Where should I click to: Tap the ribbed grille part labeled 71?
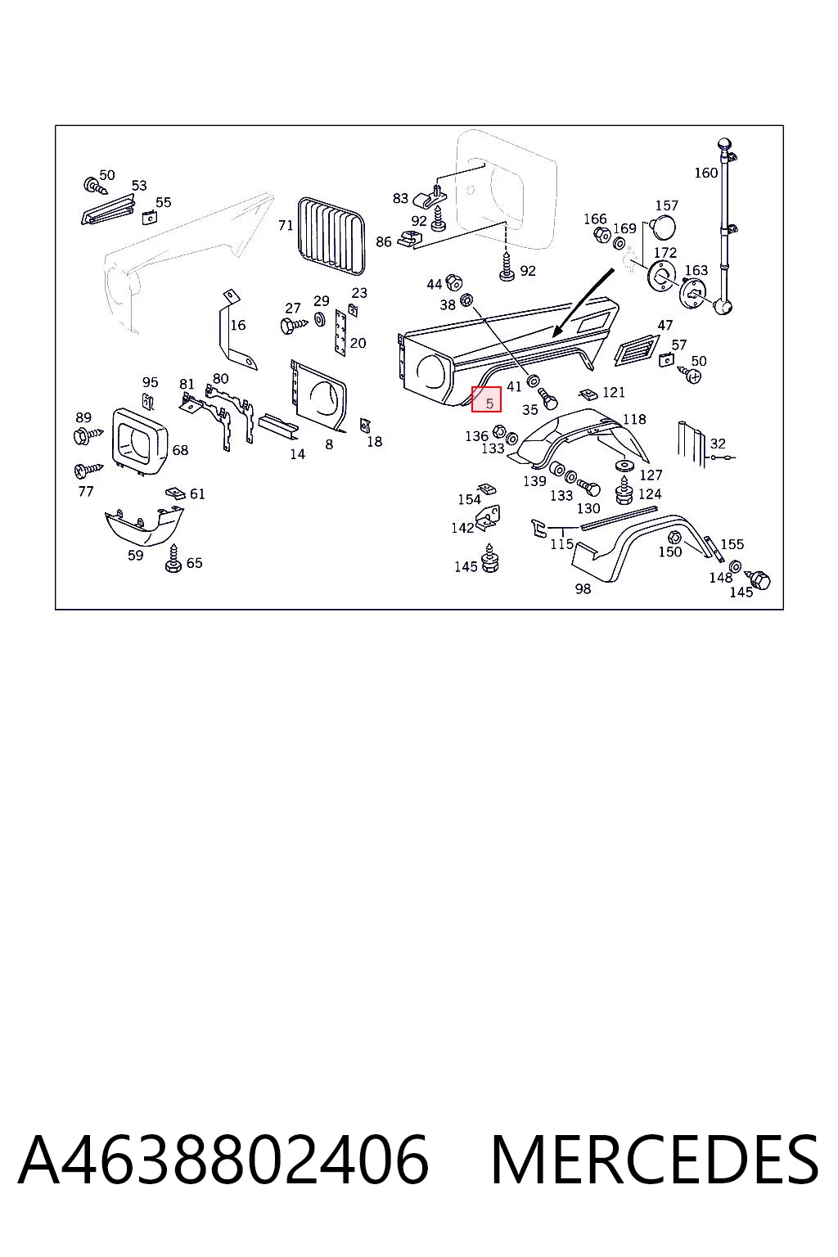331,237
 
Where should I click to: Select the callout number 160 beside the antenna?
705,173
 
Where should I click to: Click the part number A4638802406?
223,1159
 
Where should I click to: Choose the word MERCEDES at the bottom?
655,1159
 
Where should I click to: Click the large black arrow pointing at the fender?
583,303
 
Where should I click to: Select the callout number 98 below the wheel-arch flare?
583,588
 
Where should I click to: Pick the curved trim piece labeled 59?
144,527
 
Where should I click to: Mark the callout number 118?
634,419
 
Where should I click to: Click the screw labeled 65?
173,559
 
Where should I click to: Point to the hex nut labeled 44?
453,282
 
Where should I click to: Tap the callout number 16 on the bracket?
238,325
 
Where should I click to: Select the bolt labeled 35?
547,399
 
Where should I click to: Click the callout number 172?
665,253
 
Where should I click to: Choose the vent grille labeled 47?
636,350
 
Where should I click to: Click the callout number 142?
462,528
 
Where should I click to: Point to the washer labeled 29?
319,319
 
